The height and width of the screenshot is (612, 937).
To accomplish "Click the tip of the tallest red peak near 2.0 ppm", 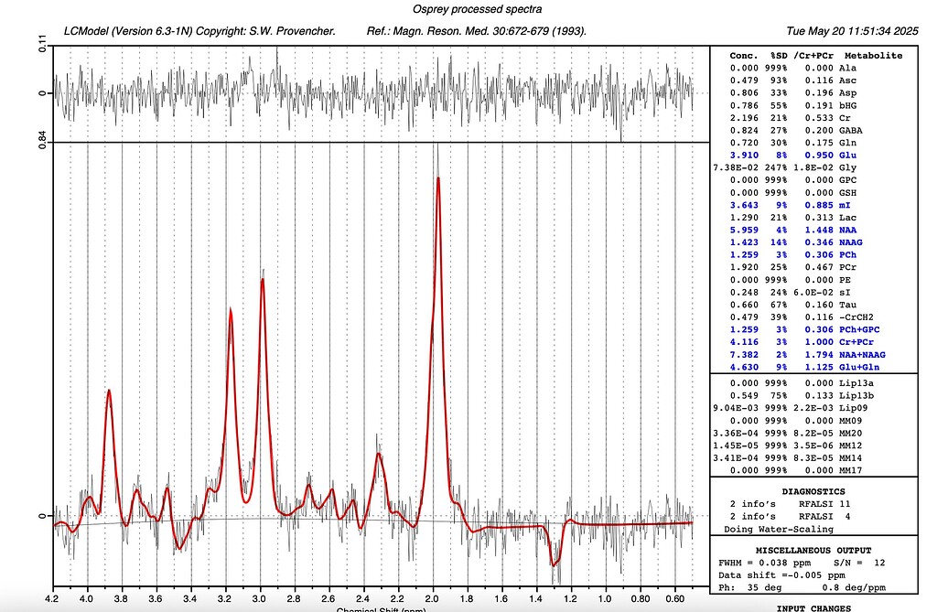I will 438,177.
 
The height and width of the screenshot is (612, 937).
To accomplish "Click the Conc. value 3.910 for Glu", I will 744,156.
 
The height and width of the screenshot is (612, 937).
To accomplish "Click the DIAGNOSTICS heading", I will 813,491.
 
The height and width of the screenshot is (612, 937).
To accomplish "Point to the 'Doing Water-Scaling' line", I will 778,529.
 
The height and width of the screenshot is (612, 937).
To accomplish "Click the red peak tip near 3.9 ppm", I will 109,391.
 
